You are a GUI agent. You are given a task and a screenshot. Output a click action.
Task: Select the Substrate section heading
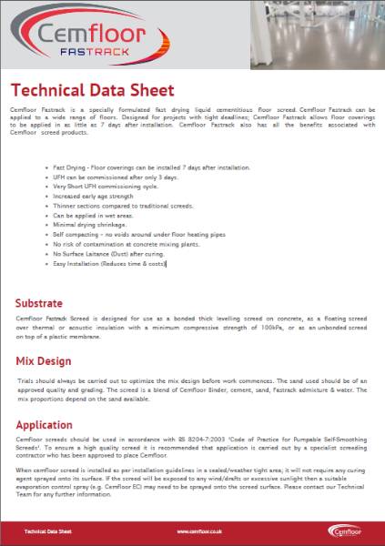tap(39, 302)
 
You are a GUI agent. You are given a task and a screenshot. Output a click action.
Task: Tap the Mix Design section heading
tap(43, 361)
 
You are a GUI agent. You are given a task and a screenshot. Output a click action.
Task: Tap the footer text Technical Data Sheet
tap(47, 531)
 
